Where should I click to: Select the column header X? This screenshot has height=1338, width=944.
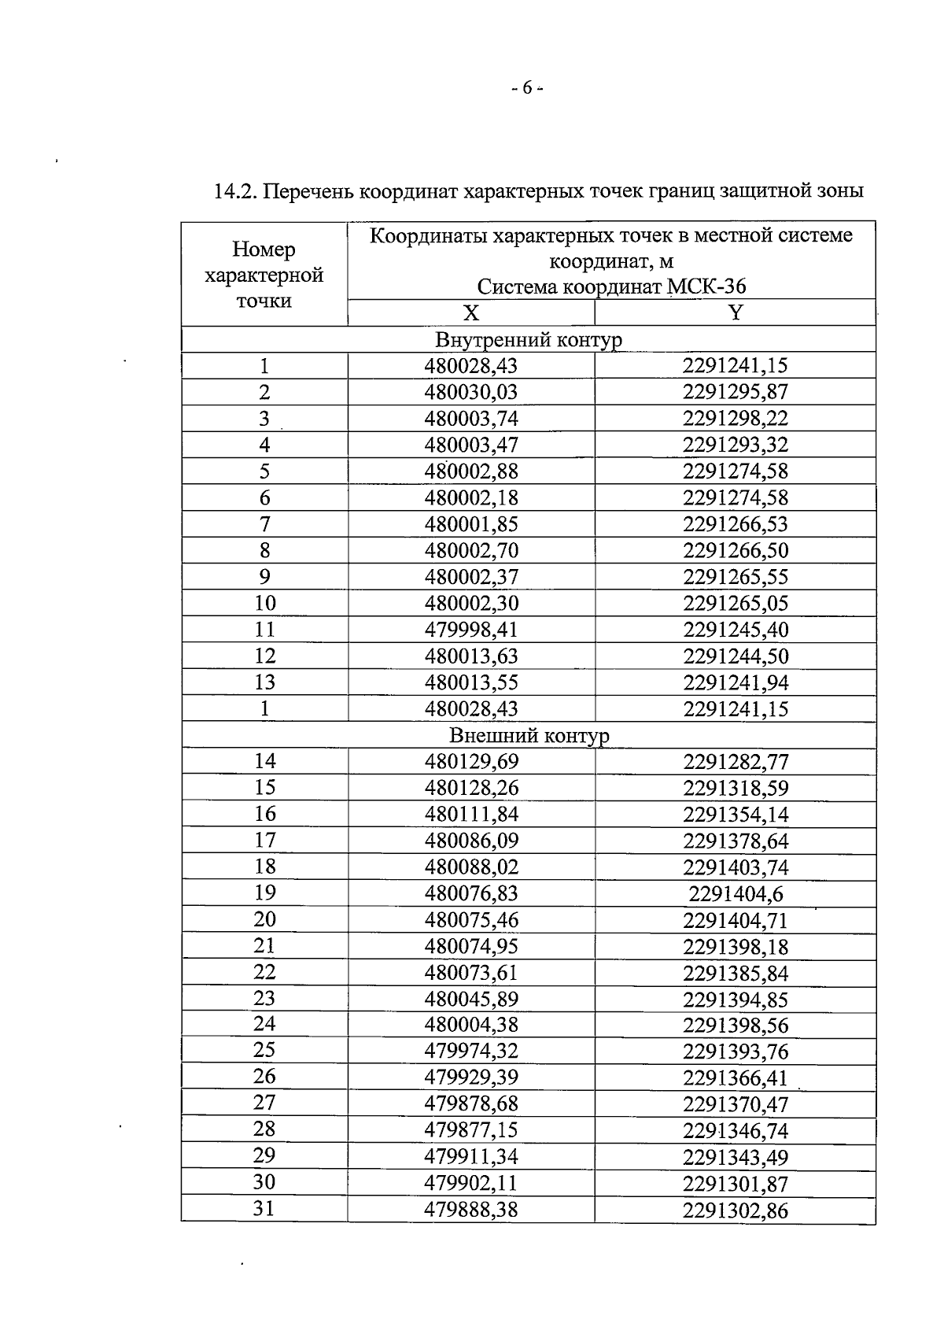pyautogui.click(x=470, y=313)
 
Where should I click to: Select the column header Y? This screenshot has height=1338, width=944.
pyautogui.click(x=735, y=313)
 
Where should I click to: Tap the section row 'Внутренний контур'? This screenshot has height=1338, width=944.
pyautogui.click(x=528, y=340)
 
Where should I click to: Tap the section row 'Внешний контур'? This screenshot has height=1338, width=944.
pyautogui.click(x=529, y=735)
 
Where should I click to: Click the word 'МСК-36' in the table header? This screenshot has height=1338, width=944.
pyautogui.click(x=706, y=286)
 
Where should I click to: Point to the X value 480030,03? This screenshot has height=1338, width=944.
pyautogui.click(x=471, y=392)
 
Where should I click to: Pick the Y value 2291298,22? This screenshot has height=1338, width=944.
pyautogui.click(x=735, y=418)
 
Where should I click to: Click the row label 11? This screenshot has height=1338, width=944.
pyautogui.click(x=265, y=629)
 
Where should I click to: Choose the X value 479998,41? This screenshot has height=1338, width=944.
pyautogui.click(x=471, y=630)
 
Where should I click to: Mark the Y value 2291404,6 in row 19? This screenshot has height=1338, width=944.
pyautogui.click(x=736, y=893)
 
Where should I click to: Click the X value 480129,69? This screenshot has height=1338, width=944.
pyautogui.click(x=471, y=761)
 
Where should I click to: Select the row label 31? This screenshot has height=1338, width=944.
pyautogui.click(x=264, y=1207)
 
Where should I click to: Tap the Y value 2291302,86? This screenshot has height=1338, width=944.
pyautogui.click(x=735, y=1210)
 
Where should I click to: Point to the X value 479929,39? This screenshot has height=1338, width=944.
pyautogui.click(x=471, y=1077)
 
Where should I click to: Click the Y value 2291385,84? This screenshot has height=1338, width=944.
pyautogui.click(x=735, y=974)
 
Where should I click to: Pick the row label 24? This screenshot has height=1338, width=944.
pyautogui.click(x=264, y=1024)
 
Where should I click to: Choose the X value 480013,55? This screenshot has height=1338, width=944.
pyautogui.click(x=471, y=682)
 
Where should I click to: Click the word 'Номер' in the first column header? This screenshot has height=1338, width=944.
pyautogui.click(x=264, y=249)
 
